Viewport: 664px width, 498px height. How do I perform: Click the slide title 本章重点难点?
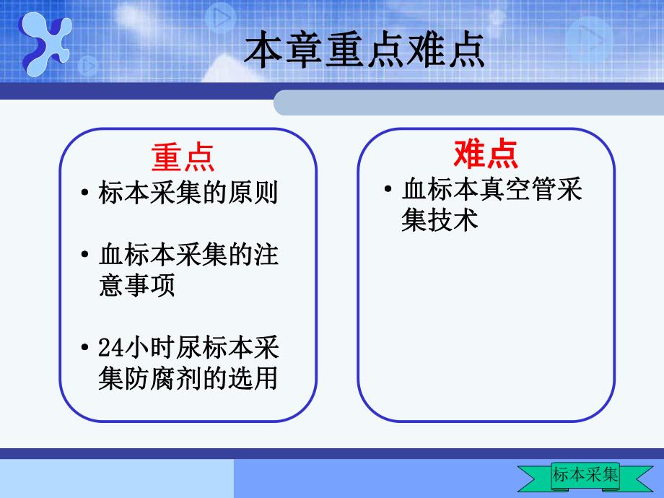coord(364,52)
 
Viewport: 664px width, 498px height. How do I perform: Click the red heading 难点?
coord(486,154)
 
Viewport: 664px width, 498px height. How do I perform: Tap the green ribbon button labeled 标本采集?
coord(585,475)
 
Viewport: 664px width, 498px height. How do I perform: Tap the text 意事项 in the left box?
coord(136,286)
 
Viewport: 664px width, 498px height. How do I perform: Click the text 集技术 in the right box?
coord(440,219)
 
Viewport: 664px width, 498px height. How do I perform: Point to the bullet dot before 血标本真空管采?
coord(389,191)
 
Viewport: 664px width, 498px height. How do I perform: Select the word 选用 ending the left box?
coord(260,377)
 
